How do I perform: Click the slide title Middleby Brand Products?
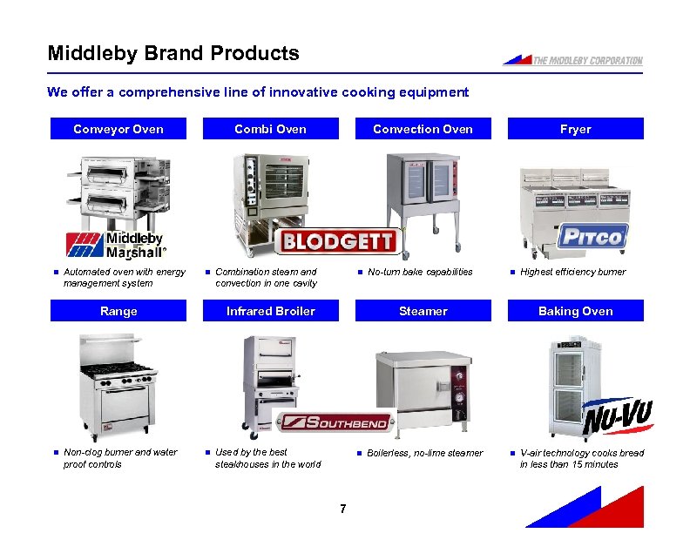(x=173, y=53)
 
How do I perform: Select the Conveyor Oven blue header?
(x=118, y=129)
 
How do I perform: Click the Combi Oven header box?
(x=270, y=129)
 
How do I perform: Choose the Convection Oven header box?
(x=423, y=129)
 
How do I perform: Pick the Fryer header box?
(x=575, y=129)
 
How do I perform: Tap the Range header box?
(x=118, y=311)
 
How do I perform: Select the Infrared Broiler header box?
(x=270, y=311)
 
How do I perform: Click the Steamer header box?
(x=423, y=311)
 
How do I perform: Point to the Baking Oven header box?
(x=575, y=311)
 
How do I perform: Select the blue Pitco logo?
(x=592, y=236)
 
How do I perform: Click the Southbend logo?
(x=335, y=422)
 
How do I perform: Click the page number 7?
(x=344, y=509)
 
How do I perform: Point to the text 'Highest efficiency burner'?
(x=572, y=272)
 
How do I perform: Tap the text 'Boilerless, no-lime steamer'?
(x=424, y=453)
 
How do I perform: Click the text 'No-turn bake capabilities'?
(x=420, y=272)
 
